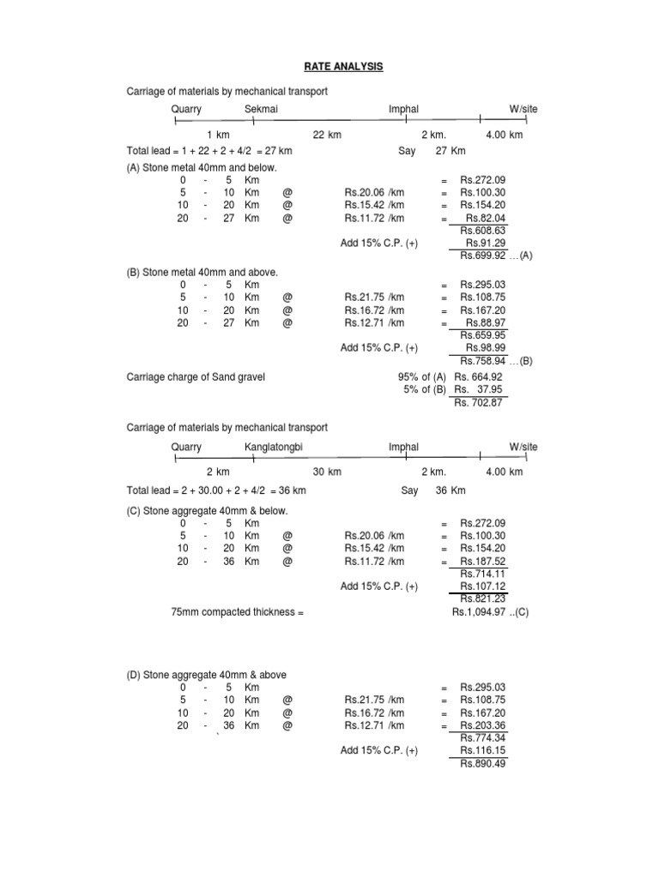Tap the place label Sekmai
coord(261,110)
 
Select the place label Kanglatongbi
coord(274,448)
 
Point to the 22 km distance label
coord(328,135)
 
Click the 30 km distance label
coord(328,472)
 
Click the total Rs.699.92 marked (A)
coord(483,256)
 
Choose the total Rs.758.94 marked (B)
coord(483,361)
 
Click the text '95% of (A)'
coord(420,376)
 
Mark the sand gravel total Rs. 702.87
coord(479,402)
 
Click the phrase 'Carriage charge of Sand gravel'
coord(196,376)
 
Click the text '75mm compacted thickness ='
coord(239,613)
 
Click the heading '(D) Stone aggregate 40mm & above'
coord(207,675)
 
